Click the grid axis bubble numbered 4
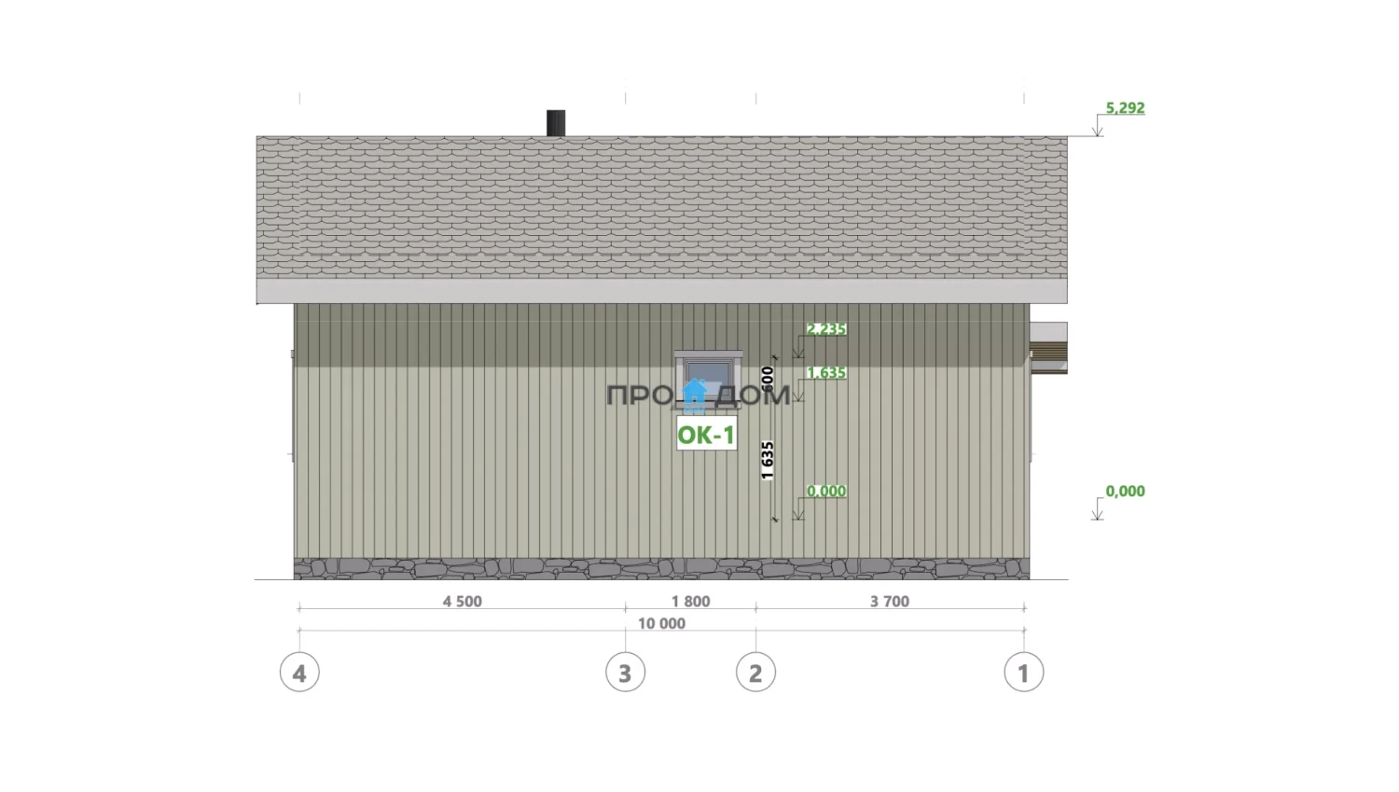click(x=299, y=672)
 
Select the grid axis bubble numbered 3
click(x=625, y=672)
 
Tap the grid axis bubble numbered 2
click(x=755, y=672)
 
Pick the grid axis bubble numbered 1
click(x=1024, y=672)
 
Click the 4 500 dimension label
click(x=463, y=601)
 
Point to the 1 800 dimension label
click(x=691, y=601)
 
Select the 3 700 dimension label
click(x=890, y=601)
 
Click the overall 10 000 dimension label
click(x=661, y=623)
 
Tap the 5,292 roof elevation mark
click(x=1126, y=108)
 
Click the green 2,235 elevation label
click(x=826, y=328)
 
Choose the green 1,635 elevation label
click(x=826, y=373)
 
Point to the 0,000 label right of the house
click(x=1126, y=491)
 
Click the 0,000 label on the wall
click(x=826, y=491)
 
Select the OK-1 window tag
click(x=706, y=435)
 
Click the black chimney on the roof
click(x=556, y=123)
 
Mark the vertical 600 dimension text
click(x=768, y=379)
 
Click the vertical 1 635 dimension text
click(x=768, y=460)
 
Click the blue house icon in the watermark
click(x=694, y=396)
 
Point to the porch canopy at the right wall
click(x=1048, y=348)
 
